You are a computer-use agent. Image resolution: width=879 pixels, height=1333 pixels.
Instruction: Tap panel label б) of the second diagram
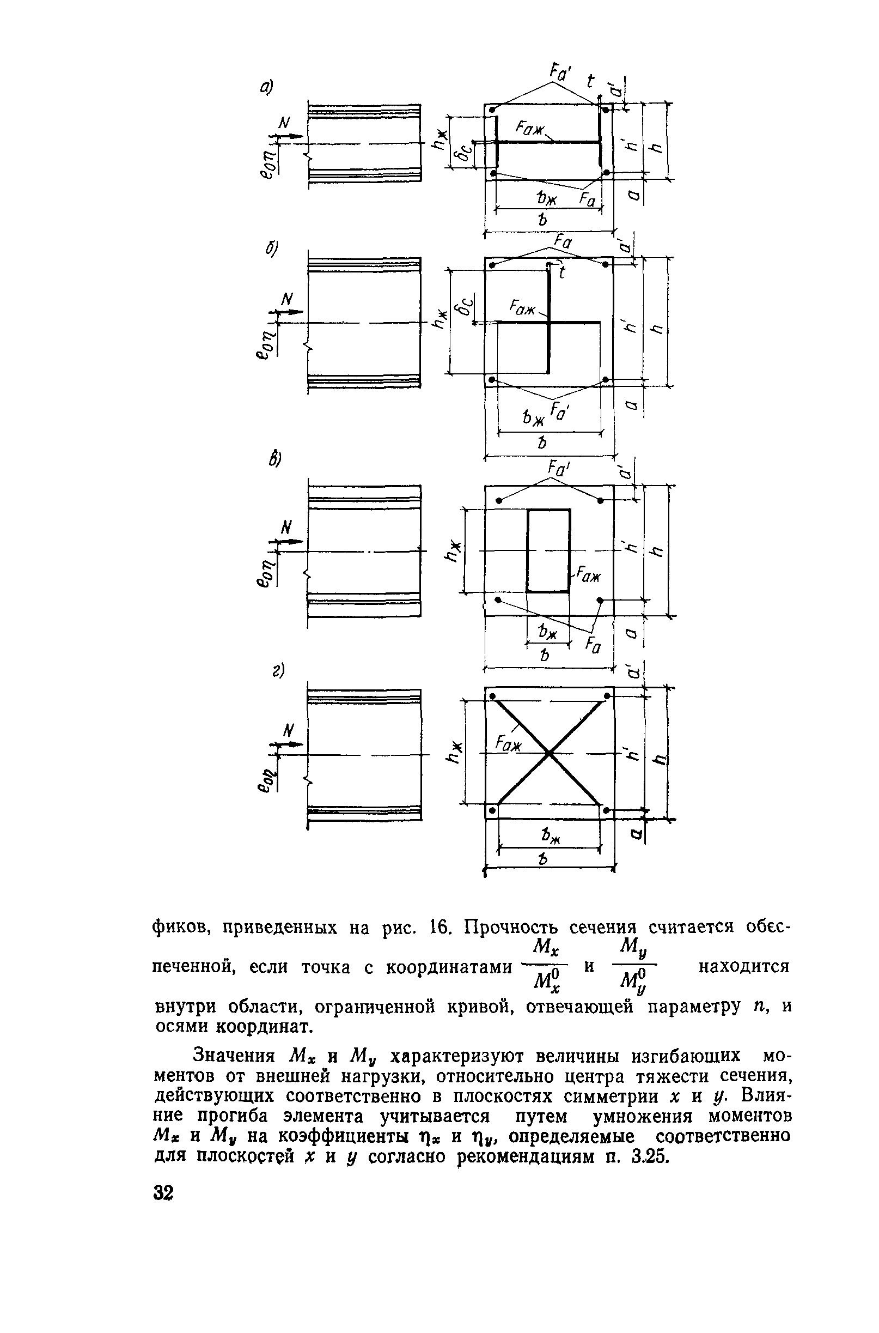[272, 249]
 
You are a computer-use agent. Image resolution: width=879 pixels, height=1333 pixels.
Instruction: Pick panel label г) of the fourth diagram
[276, 671]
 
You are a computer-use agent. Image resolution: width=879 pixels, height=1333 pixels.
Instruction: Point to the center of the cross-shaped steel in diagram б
[549, 322]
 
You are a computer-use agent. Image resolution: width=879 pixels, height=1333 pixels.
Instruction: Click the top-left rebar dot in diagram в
[498, 500]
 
